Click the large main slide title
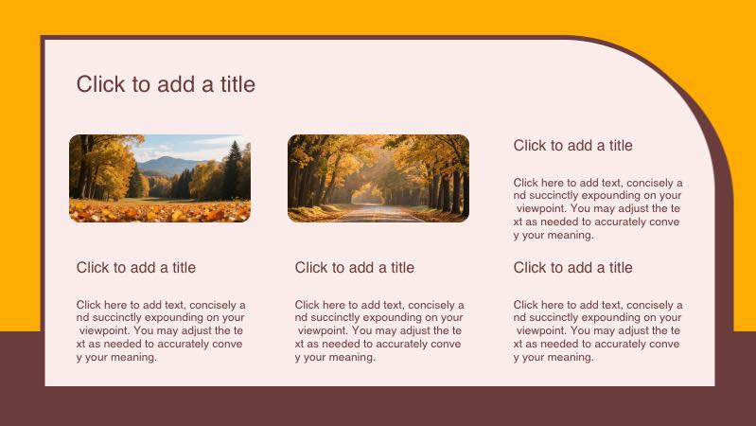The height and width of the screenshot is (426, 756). pos(166,84)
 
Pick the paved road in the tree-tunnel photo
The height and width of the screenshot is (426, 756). pos(378,214)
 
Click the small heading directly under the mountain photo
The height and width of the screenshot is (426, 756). pos(136,268)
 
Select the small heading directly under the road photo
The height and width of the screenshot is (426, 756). pos(355,268)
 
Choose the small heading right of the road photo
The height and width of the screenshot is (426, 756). pos(573,146)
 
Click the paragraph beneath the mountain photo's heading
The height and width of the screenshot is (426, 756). pos(161,331)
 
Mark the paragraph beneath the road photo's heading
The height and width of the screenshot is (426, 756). pos(379,331)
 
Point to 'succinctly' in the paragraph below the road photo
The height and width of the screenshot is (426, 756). pos(339,318)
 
